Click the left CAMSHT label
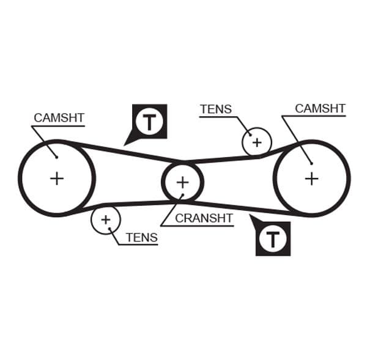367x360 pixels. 59,117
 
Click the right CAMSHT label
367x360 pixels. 320,108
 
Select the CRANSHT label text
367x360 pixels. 204,218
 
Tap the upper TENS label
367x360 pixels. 215,109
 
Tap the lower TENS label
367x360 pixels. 141,237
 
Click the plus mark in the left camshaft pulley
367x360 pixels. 57,178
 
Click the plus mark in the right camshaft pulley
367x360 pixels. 311,178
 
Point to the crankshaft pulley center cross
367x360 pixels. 182,182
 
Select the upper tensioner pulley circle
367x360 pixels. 256,142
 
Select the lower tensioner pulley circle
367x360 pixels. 106,219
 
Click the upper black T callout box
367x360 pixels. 149,122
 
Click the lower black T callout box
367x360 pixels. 272,238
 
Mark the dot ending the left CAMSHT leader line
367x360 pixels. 56,156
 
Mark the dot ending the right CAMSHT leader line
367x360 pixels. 311,163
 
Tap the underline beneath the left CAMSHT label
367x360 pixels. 57,126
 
